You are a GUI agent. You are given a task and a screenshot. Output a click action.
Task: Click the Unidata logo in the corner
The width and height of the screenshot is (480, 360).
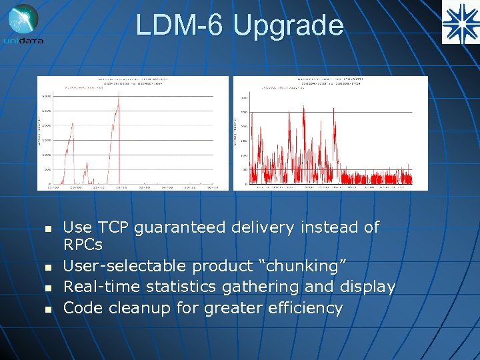pyautogui.click(x=24, y=24)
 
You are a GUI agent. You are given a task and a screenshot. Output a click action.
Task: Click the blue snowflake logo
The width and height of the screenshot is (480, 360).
pyautogui.click(x=460, y=23)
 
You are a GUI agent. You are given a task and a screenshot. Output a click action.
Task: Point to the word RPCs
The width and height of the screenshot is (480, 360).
pyautogui.click(x=83, y=245)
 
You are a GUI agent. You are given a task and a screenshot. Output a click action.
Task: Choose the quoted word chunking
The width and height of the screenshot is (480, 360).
pyautogui.click(x=301, y=266)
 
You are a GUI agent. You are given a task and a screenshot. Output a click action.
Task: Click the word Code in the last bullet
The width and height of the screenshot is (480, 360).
pyautogui.click(x=83, y=308)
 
